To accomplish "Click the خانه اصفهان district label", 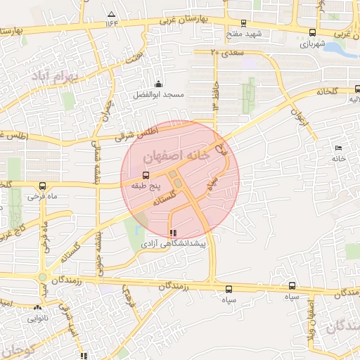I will point(176,156).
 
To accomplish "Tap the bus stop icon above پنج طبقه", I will point(146,175).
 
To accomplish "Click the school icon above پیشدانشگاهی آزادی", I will point(174,233).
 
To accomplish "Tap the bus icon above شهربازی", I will point(312,32).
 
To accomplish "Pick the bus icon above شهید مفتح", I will point(243,22).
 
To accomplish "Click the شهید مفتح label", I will point(244,33).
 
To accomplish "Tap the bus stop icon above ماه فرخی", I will point(43,186).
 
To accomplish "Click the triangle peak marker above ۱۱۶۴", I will point(111,14).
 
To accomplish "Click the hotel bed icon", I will point(339,148).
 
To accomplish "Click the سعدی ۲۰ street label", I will point(224,51).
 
